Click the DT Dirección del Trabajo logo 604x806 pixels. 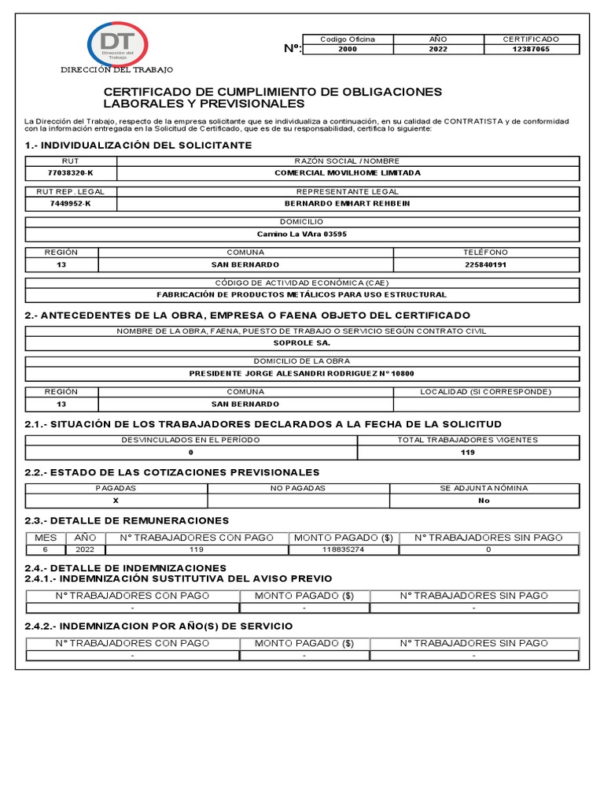116,44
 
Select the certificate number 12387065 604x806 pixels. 531,49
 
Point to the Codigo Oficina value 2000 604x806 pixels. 347,49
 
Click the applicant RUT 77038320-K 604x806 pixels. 71,172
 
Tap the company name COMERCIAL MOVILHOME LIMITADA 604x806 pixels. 347,172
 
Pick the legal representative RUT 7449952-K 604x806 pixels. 71,203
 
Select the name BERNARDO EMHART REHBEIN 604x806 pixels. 347,203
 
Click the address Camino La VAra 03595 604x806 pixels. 302,234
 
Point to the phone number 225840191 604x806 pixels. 486,264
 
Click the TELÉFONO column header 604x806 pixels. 486,253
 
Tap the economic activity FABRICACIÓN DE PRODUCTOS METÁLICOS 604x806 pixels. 302,294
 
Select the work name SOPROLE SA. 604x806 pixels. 302,342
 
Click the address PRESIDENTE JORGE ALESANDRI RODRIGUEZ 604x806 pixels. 302,373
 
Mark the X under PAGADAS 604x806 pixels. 116,500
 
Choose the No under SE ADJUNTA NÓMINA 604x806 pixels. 484,500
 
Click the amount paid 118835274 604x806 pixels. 344,549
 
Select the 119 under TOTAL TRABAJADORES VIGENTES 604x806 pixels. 468,453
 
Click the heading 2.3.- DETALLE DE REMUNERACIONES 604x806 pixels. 127,520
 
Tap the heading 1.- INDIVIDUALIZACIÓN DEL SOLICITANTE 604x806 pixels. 138,146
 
